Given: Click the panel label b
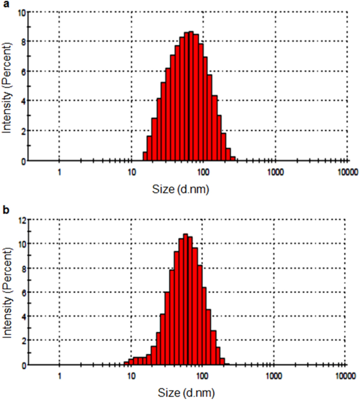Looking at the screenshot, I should click(x=5, y=209).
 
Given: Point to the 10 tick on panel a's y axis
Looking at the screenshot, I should click(x=22, y=12).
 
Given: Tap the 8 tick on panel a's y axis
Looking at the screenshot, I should click(x=24, y=42).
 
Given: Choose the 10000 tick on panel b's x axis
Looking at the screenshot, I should click(x=345, y=375).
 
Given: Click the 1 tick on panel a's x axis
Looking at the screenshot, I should click(x=59, y=171).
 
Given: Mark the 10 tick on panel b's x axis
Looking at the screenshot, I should click(x=131, y=375).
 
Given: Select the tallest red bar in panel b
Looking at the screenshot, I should click(x=186, y=300).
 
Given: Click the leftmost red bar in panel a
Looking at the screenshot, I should click(x=145, y=157).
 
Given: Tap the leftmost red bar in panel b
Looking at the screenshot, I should click(x=126, y=363).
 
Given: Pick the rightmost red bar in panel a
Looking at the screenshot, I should click(x=233, y=158).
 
